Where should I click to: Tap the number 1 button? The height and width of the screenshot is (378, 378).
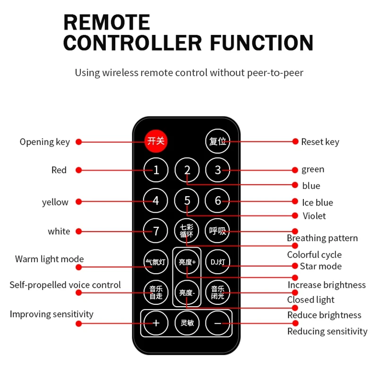point(156,170)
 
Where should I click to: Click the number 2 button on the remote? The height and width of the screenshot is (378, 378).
point(187,170)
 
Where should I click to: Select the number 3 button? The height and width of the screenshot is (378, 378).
point(218,170)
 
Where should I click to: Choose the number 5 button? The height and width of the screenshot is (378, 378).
point(187,201)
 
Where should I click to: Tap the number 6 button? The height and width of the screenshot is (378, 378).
point(218,201)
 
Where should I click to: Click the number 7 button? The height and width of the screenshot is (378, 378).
point(156,232)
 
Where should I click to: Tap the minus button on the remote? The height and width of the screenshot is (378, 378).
point(218,323)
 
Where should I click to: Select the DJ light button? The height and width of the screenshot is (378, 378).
point(218,262)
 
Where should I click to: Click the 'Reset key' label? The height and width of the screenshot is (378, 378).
point(320,142)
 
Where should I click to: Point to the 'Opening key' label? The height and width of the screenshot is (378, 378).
point(44,142)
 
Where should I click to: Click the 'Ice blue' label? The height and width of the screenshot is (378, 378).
point(318,203)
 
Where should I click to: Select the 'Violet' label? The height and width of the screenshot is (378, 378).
point(314,216)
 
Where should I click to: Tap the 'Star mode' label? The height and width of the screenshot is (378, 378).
point(320,266)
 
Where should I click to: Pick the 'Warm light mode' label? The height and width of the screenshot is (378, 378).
point(49,259)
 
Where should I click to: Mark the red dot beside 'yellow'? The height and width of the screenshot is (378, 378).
point(79,201)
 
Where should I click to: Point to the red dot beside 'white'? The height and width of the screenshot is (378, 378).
point(79,231)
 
